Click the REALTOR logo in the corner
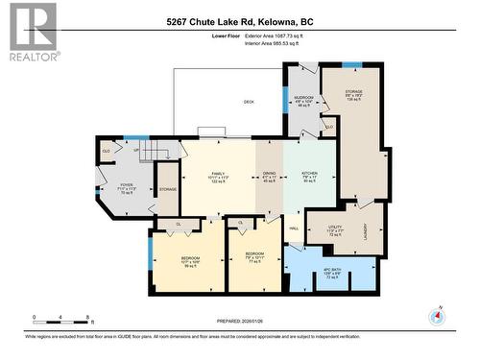click(x=31, y=32)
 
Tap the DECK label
click(x=248, y=102)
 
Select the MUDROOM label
click(x=303, y=100)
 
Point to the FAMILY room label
click(x=218, y=173)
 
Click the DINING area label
click(x=268, y=173)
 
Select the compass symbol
click(x=439, y=316)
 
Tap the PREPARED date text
click(x=240, y=323)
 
